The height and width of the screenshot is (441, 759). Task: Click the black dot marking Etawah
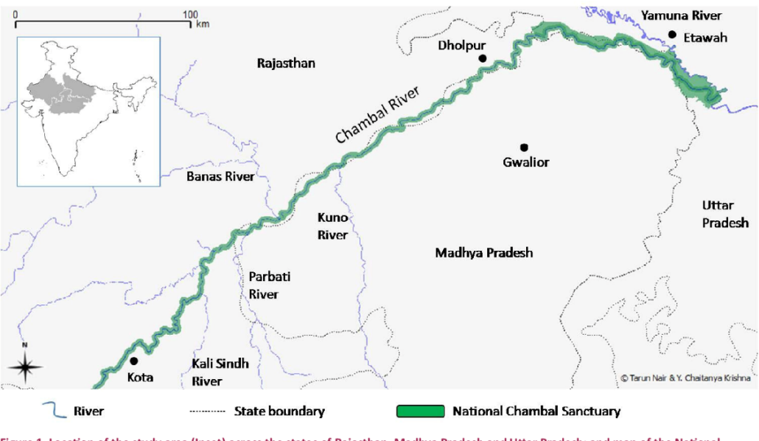(672, 34)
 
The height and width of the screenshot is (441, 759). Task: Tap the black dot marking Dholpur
(482, 58)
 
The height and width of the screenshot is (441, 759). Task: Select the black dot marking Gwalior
(524, 147)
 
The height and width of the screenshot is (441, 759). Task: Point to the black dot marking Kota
(134, 361)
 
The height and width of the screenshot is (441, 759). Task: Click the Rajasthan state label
(286, 63)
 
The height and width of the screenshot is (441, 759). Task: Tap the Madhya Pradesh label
(483, 253)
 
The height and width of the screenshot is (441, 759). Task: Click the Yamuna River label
(681, 15)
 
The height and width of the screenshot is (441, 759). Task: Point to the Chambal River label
(377, 114)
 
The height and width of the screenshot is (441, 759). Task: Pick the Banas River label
(220, 177)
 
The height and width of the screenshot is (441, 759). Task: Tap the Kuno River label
(332, 226)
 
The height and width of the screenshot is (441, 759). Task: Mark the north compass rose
(25, 367)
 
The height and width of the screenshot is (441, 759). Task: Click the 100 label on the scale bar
(190, 15)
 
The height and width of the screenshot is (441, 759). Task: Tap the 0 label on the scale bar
(15, 15)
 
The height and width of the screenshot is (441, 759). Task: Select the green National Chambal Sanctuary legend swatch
(420, 412)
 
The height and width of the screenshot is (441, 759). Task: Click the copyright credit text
(685, 378)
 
